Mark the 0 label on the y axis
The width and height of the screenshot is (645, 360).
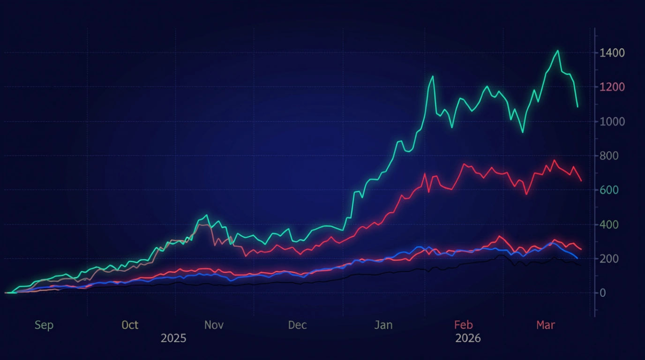click(603, 293)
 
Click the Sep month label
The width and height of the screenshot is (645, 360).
click(44, 325)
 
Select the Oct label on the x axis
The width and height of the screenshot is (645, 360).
click(130, 325)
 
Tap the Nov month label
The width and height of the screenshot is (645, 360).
click(214, 325)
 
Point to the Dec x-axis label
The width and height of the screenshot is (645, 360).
click(298, 325)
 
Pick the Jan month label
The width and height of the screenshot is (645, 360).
click(383, 325)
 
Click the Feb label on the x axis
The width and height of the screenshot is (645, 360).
click(464, 325)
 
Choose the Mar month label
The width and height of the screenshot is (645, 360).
click(546, 325)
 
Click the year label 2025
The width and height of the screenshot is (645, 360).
click(173, 338)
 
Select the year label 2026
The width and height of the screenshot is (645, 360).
click(468, 338)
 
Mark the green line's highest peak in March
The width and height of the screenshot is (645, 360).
click(557, 51)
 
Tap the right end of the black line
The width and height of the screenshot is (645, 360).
click(580, 265)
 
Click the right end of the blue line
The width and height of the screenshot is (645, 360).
click(577, 258)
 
